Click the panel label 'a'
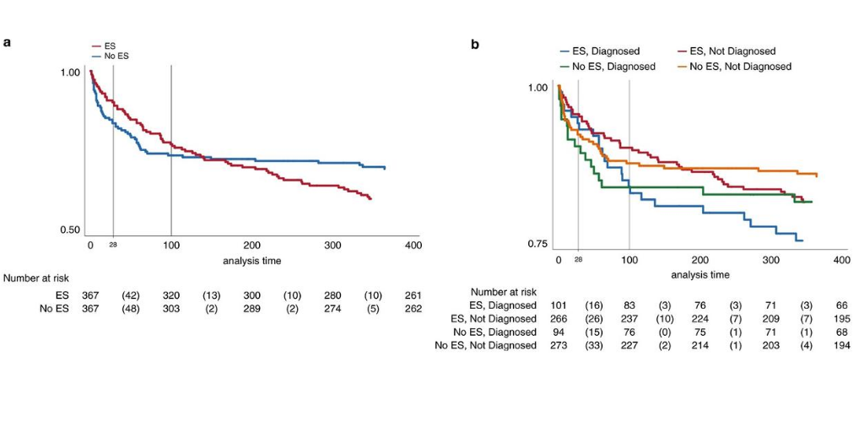click(7, 41)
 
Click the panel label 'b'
click(474, 43)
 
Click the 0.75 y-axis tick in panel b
click(537, 244)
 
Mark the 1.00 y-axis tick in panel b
click(537, 87)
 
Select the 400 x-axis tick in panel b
click(841, 260)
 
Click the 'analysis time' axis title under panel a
click(252, 261)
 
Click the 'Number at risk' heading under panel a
click(36, 278)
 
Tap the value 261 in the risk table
click(413, 295)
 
